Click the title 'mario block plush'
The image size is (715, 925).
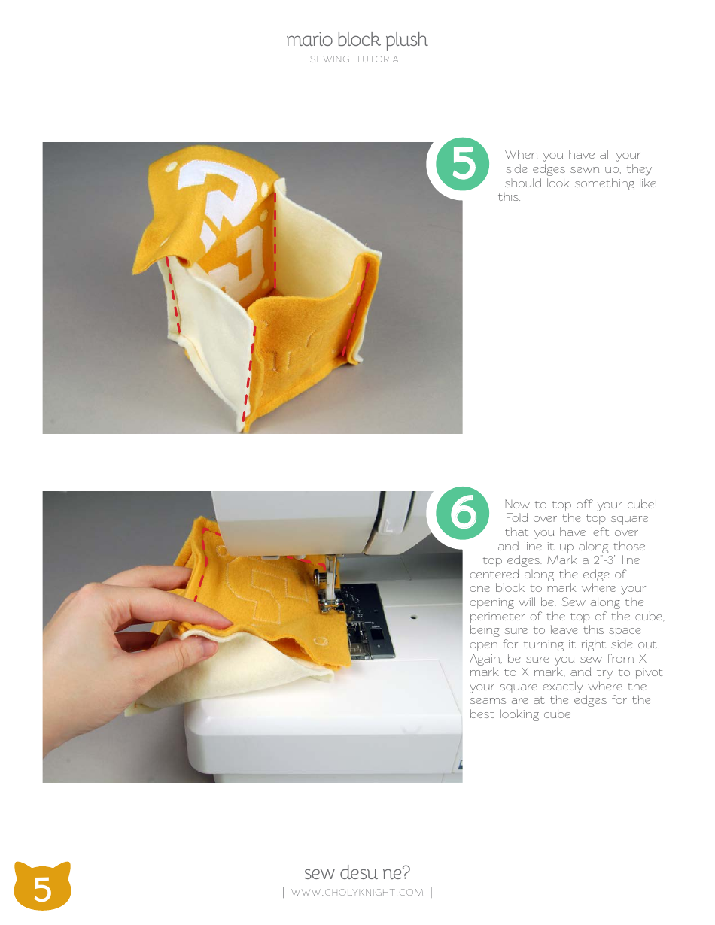357,40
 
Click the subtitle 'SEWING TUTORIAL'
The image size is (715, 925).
357,59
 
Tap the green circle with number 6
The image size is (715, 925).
463,514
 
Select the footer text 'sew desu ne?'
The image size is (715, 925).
357,872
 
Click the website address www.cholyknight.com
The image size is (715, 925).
357,893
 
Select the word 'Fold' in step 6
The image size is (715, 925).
520,518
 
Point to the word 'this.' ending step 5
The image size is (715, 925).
509,198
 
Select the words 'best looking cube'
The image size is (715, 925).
520,714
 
